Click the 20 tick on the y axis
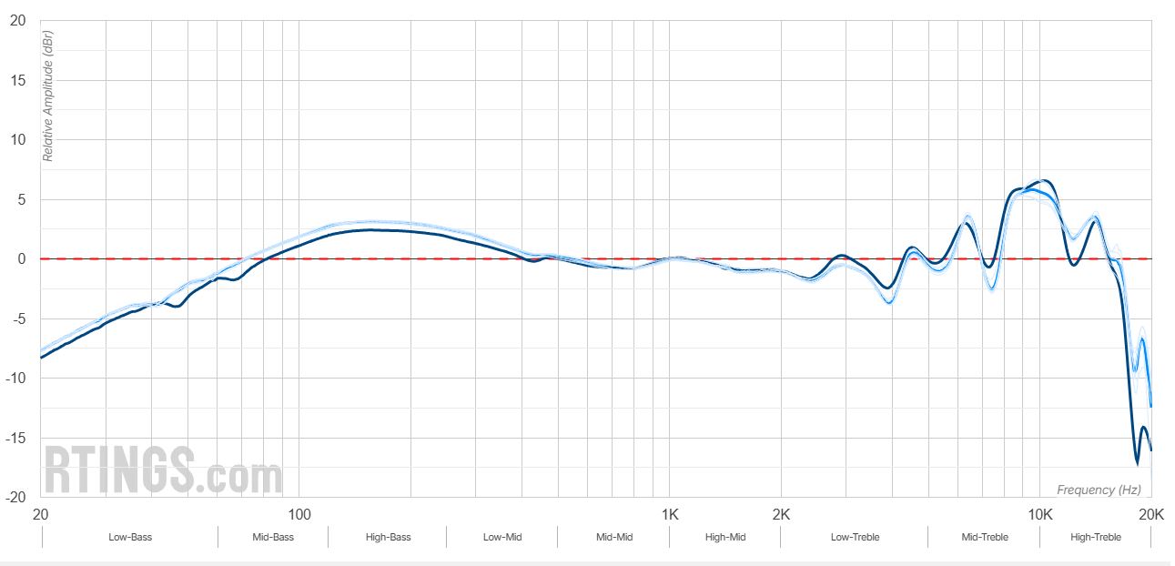[x=18, y=20]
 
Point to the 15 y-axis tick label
[x=18, y=80]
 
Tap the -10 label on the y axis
[x=15, y=379]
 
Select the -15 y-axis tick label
[x=15, y=439]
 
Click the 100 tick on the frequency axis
[x=299, y=514]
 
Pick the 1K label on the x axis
[x=669, y=514]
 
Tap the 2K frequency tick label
[x=781, y=514]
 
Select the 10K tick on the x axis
[x=1040, y=514]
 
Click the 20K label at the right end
[x=1151, y=514]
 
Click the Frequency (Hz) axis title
[x=1099, y=490]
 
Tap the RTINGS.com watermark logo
[x=164, y=470]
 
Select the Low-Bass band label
[x=130, y=537]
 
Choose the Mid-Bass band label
[x=273, y=537]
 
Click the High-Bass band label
[x=388, y=537]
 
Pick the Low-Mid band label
[x=502, y=537]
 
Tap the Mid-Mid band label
[x=614, y=537]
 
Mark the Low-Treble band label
[x=855, y=537]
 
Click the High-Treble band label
[x=1096, y=537]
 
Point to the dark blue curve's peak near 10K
[x=1044, y=180]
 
